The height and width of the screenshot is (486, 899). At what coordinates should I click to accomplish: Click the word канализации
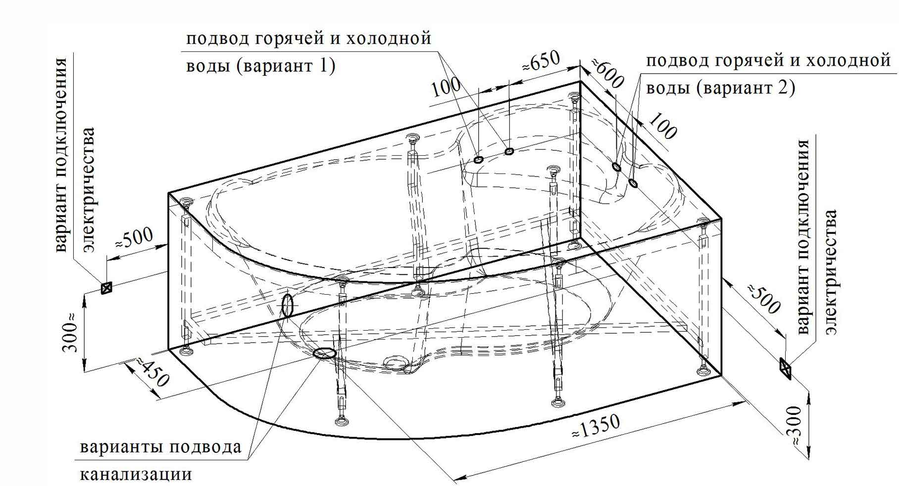click(136, 474)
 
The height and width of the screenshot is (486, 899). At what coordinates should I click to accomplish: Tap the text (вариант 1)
click(287, 66)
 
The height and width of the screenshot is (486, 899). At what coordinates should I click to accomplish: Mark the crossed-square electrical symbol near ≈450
click(106, 287)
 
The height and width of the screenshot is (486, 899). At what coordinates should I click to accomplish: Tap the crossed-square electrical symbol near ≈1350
click(785, 368)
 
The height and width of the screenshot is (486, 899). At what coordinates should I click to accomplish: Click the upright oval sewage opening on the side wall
click(287, 305)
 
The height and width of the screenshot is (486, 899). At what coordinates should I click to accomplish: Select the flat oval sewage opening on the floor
click(324, 353)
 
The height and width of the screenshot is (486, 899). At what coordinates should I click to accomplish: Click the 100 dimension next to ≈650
click(448, 88)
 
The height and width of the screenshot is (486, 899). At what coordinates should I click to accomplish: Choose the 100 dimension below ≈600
click(662, 126)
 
